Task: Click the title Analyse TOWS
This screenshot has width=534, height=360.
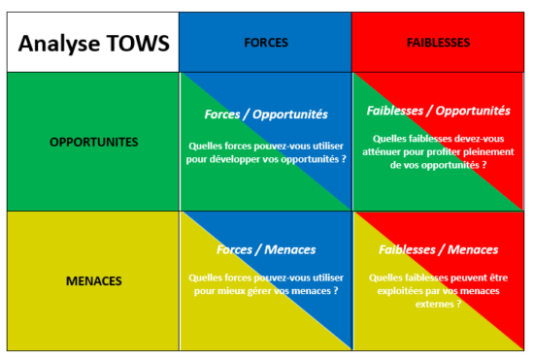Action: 93,43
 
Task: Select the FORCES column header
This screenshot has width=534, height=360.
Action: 265,43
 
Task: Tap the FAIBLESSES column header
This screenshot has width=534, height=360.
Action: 438,43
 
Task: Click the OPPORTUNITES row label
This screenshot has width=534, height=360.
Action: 93,142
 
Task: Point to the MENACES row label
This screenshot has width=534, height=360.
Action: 93,281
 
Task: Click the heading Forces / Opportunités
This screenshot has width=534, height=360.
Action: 265,115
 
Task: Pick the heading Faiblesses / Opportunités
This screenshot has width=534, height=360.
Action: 438,111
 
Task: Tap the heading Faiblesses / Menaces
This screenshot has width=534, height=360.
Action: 438,249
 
